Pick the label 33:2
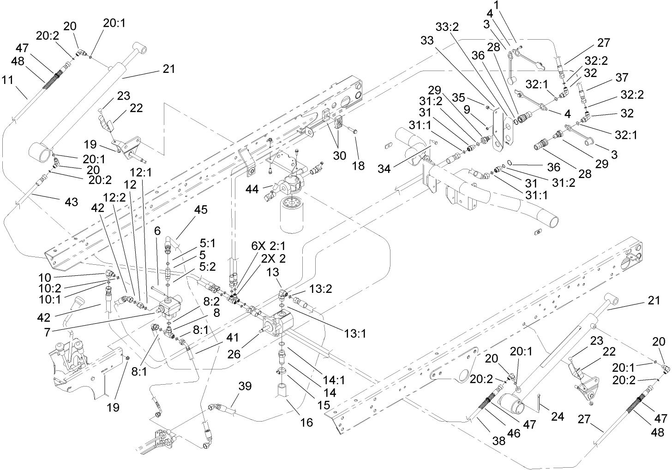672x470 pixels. click(447, 28)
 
